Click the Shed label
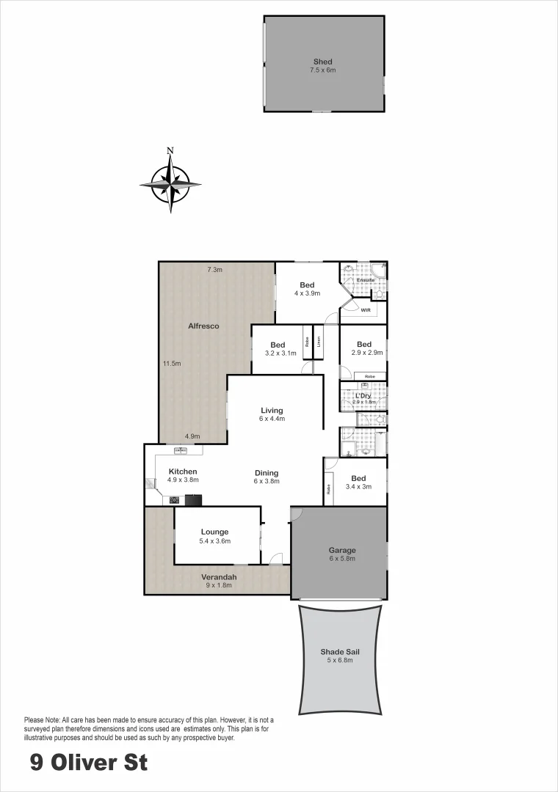tap(322, 62)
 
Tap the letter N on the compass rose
tap(170, 151)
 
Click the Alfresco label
tap(203, 326)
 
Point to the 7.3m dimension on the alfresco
tap(214, 270)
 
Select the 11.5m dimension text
tap(172, 363)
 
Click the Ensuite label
tap(366, 280)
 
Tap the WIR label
tap(366, 311)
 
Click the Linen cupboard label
tap(319, 342)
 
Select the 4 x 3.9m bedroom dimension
tap(307, 293)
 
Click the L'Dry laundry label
tap(363, 396)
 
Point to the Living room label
tap(272, 411)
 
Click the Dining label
tap(266, 473)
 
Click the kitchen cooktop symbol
tap(175, 501)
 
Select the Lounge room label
tap(214, 532)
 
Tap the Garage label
tap(342, 550)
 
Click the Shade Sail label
tap(340, 651)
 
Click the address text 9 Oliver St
tap(89, 763)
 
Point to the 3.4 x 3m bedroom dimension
tap(359, 486)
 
